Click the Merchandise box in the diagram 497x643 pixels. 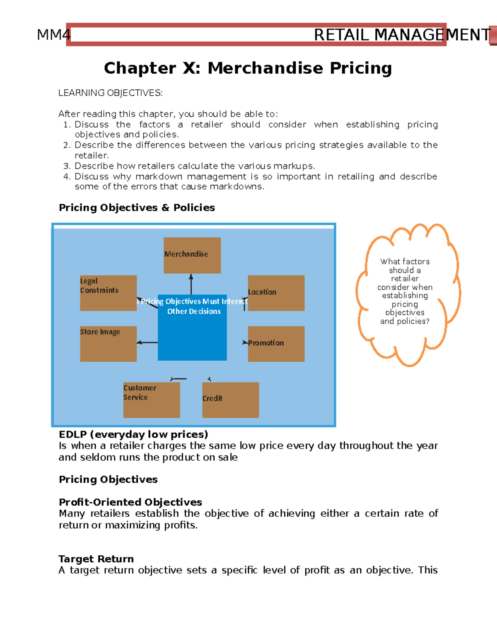pyautogui.click(x=192, y=255)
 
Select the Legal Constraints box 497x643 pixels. pyautogui.click(x=108, y=293)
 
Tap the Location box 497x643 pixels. pyautogui.click(x=276, y=293)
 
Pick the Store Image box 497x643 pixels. pyautogui.click(x=108, y=344)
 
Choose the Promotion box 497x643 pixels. pyautogui.click(x=276, y=344)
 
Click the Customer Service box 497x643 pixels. pyautogui.click(x=152, y=400)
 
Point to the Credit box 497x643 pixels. pyautogui.click(x=230, y=400)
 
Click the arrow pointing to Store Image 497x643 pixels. pyautogui.click(x=147, y=342)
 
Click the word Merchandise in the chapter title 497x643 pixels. pyautogui.click(x=265, y=68)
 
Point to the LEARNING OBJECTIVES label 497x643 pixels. pyautogui.click(x=110, y=93)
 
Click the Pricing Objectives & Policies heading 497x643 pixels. pyautogui.click(x=137, y=207)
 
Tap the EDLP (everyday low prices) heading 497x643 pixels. pyautogui.click(x=133, y=434)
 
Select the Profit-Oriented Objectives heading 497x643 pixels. pyautogui.click(x=130, y=502)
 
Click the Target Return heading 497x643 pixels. pyautogui.click(x=96, y=559)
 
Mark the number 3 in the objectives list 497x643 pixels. pyautogui.click(x=67, y=166)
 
